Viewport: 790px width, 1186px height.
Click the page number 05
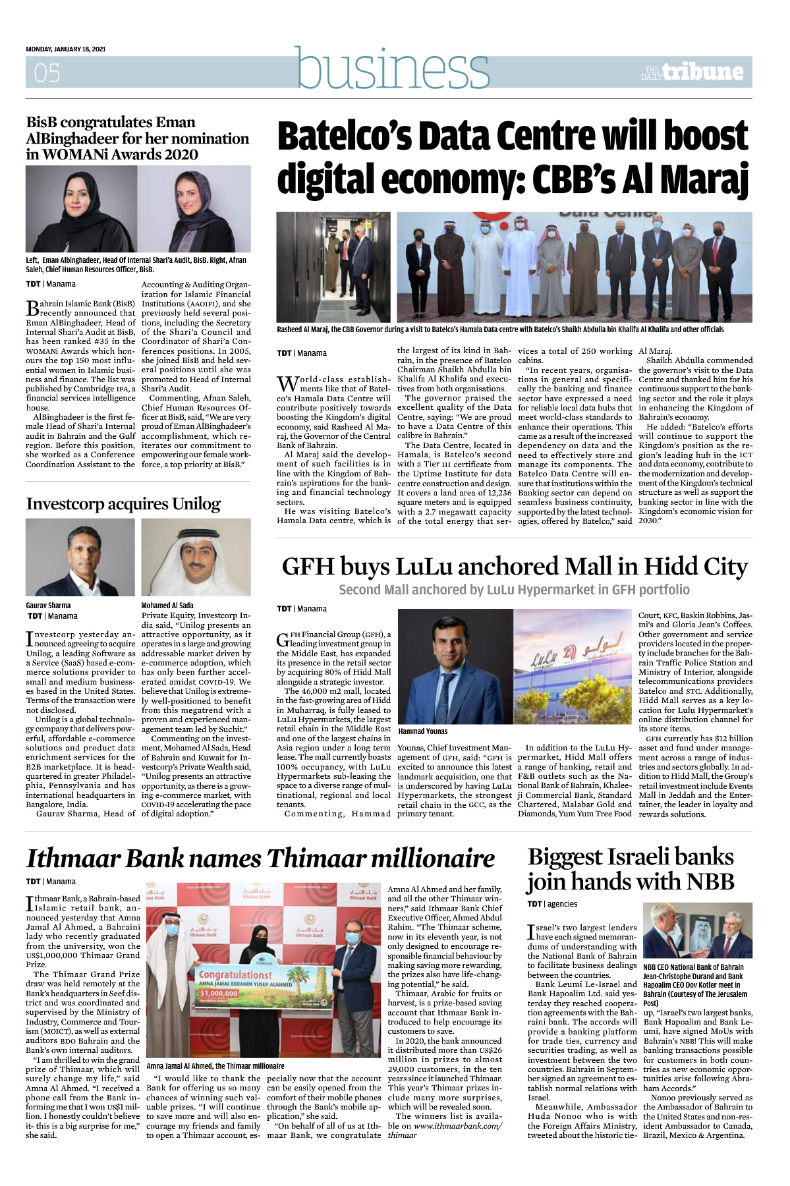(47, 72)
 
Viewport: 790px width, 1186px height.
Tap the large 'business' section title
(393, 68)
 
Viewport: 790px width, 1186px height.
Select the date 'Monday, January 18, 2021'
(66, 49)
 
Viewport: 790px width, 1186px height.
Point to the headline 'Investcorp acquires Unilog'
(123, 504)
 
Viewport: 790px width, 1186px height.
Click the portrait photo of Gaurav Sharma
(80, 557)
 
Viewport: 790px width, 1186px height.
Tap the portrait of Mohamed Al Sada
(196, 557)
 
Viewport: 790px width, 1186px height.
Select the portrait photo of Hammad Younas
(455, 666)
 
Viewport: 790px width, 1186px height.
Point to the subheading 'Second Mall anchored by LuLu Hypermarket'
(514, 590)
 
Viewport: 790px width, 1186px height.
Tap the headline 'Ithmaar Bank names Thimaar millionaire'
(260, 859)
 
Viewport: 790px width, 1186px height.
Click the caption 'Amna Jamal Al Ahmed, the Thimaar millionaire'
(215, 1065)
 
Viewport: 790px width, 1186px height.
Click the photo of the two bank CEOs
(697, 930)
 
